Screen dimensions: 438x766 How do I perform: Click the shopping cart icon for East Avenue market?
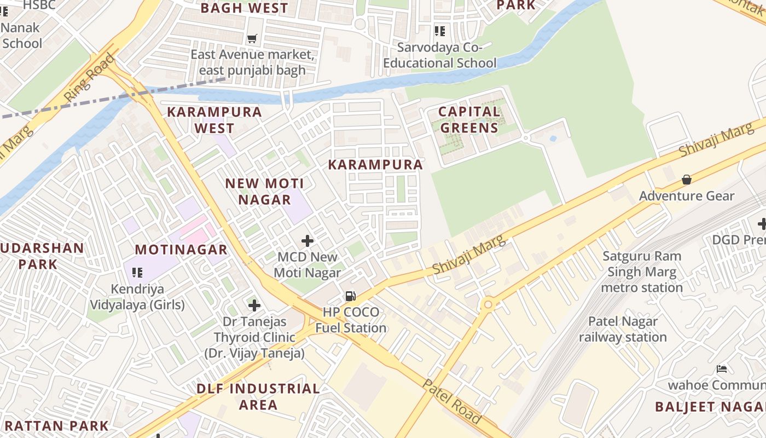tap(252, 38)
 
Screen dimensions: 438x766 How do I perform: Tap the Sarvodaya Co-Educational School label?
tap(439, 55)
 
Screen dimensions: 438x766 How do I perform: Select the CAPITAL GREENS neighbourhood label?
tap(469, 120)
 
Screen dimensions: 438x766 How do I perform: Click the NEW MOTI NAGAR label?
tap(264, 192)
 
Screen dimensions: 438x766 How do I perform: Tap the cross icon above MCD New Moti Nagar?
tap(307, 240)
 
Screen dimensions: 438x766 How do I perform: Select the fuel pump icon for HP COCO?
tap(350, 296)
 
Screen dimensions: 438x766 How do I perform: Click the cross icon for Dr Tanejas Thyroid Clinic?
tap(254, 306)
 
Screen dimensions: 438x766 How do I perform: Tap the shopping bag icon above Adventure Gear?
tap(686, 180)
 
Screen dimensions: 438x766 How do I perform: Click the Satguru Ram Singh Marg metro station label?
tap(642, 272)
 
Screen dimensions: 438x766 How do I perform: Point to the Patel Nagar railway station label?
tap(623, 329)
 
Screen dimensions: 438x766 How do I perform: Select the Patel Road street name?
tap(452, 401)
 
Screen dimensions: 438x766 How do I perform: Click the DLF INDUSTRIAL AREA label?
tap(258, 396)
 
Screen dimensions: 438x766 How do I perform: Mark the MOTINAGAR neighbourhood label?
tap(181, 250)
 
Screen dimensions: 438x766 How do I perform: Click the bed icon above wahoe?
tap(722, 369)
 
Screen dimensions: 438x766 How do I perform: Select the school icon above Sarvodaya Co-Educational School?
tap(439, 31)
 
